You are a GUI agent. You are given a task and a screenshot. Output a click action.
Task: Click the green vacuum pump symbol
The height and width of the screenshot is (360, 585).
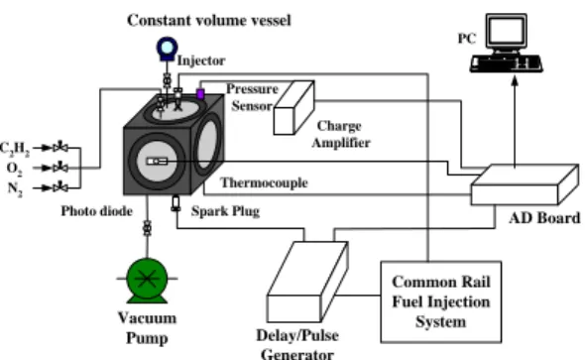[x=147, y=280]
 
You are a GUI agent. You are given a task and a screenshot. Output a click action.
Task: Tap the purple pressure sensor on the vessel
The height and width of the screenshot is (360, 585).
[x=200, y=94]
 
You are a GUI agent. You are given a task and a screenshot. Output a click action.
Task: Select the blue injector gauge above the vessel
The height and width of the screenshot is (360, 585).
[x=167, y=49]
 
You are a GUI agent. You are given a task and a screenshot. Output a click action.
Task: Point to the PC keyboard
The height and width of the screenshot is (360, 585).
[x=506, y=63]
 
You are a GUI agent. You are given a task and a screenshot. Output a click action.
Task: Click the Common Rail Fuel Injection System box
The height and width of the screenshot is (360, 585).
[x=440, y=301]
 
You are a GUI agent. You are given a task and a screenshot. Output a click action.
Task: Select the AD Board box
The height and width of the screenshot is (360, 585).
[x=525, y=184]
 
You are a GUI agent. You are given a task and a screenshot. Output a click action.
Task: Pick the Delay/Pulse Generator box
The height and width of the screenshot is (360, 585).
[x=307, y=282]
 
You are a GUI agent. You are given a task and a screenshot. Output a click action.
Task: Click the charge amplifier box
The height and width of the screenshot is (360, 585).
[x=294, y=107]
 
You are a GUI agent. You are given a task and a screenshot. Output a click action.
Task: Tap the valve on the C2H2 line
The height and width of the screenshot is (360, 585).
[x=60, y=148]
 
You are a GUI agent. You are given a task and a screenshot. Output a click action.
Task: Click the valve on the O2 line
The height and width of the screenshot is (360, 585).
[x=60, y=168]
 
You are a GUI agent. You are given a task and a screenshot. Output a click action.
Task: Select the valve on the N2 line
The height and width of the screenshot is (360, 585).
[x=60, y=187]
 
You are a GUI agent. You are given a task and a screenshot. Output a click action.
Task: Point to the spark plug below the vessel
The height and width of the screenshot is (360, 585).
[x=175, y=203]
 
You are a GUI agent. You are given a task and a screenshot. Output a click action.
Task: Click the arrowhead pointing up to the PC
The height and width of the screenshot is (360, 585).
[x=515, y=80]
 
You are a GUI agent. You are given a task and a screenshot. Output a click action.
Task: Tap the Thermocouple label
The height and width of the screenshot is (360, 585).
[x=264, y=182]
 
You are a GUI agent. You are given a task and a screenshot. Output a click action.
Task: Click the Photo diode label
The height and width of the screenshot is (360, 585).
[x=96, y=211]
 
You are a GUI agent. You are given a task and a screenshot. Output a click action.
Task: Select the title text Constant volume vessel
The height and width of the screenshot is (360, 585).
[x=209, y=20]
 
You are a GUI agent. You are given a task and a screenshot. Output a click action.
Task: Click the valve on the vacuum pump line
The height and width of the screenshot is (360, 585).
[x=148, y=228]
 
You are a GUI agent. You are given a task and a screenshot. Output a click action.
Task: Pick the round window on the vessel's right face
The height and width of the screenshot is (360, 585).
[x=207, y=144]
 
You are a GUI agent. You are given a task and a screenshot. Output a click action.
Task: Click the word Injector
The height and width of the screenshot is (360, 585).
[x=201, y=60]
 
